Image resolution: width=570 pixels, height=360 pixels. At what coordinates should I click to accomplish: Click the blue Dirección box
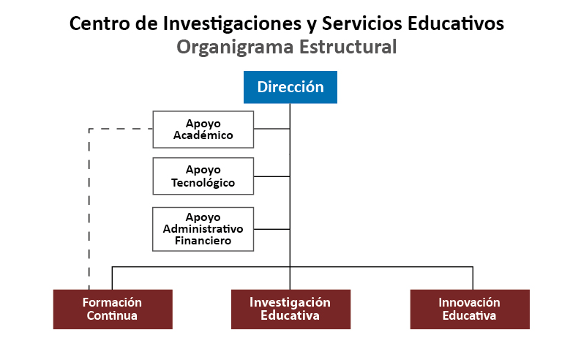click(290, 87)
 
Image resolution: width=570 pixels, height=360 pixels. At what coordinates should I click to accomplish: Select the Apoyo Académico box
click(203, 130)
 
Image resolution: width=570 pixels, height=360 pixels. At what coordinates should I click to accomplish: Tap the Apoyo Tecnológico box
click(203, 176)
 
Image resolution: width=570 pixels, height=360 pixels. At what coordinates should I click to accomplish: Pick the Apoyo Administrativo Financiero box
click(203, 229)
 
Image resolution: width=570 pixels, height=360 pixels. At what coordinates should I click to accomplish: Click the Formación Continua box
click(113, 310)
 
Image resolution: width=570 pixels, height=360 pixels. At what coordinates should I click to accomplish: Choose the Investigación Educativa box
click(290, 310)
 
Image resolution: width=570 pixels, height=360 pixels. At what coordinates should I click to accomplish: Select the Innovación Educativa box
click(470, 310)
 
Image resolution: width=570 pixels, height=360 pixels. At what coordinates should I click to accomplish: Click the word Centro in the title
click(100, 23)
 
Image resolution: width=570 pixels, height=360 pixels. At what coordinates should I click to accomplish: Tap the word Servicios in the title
click(362, 23)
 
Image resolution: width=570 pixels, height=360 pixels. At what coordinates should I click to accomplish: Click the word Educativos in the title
click(456, 23)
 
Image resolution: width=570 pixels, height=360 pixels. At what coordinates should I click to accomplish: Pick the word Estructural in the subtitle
click(348, 47)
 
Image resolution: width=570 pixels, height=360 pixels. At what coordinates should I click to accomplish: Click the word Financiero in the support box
click(203, 241)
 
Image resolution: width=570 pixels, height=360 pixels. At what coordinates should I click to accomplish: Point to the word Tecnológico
click(203, 182)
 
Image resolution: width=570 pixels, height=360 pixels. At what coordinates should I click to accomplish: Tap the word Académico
click(203, 135)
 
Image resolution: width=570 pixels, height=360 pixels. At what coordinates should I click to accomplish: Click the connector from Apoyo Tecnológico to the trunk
click(272, 176)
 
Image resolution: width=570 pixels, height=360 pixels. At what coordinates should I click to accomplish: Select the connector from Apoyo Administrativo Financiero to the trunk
click(272, 229)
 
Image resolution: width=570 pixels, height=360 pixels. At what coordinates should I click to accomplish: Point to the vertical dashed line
click(89, 209)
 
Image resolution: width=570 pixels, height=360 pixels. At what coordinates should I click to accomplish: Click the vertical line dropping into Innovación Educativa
click(473, 278)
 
